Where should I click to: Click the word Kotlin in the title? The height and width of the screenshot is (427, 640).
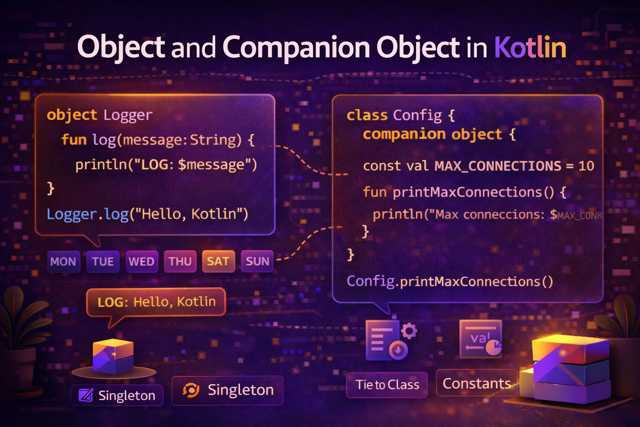(530, 47)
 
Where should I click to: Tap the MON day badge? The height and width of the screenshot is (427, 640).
(63, 261)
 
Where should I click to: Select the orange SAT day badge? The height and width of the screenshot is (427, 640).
(218, 261)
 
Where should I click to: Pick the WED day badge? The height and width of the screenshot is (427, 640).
(142, 261)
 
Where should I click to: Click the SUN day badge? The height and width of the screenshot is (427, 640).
(257, 261)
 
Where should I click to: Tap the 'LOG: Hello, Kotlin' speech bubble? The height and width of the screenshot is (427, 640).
(156, 302)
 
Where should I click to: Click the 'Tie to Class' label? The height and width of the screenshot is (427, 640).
(387, 384)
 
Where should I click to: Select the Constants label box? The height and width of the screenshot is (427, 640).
(477, 383)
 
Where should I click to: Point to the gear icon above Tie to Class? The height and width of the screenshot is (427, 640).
(409, 331)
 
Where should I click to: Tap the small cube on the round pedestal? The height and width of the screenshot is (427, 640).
(113, 356)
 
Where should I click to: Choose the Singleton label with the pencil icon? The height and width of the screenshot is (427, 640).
(117, 395)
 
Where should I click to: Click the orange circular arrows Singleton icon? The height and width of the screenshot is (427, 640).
(191, 390)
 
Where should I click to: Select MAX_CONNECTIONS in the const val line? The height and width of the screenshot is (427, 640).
(498, 166)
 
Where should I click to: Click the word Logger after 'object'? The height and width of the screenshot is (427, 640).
(128, 115)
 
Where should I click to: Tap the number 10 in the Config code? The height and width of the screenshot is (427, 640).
(586, 166)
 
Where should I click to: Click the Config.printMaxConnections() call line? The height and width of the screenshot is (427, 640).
(450, 281)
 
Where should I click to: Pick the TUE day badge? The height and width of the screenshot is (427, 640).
(102, 261)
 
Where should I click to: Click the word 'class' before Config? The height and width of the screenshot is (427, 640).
(367, 115)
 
